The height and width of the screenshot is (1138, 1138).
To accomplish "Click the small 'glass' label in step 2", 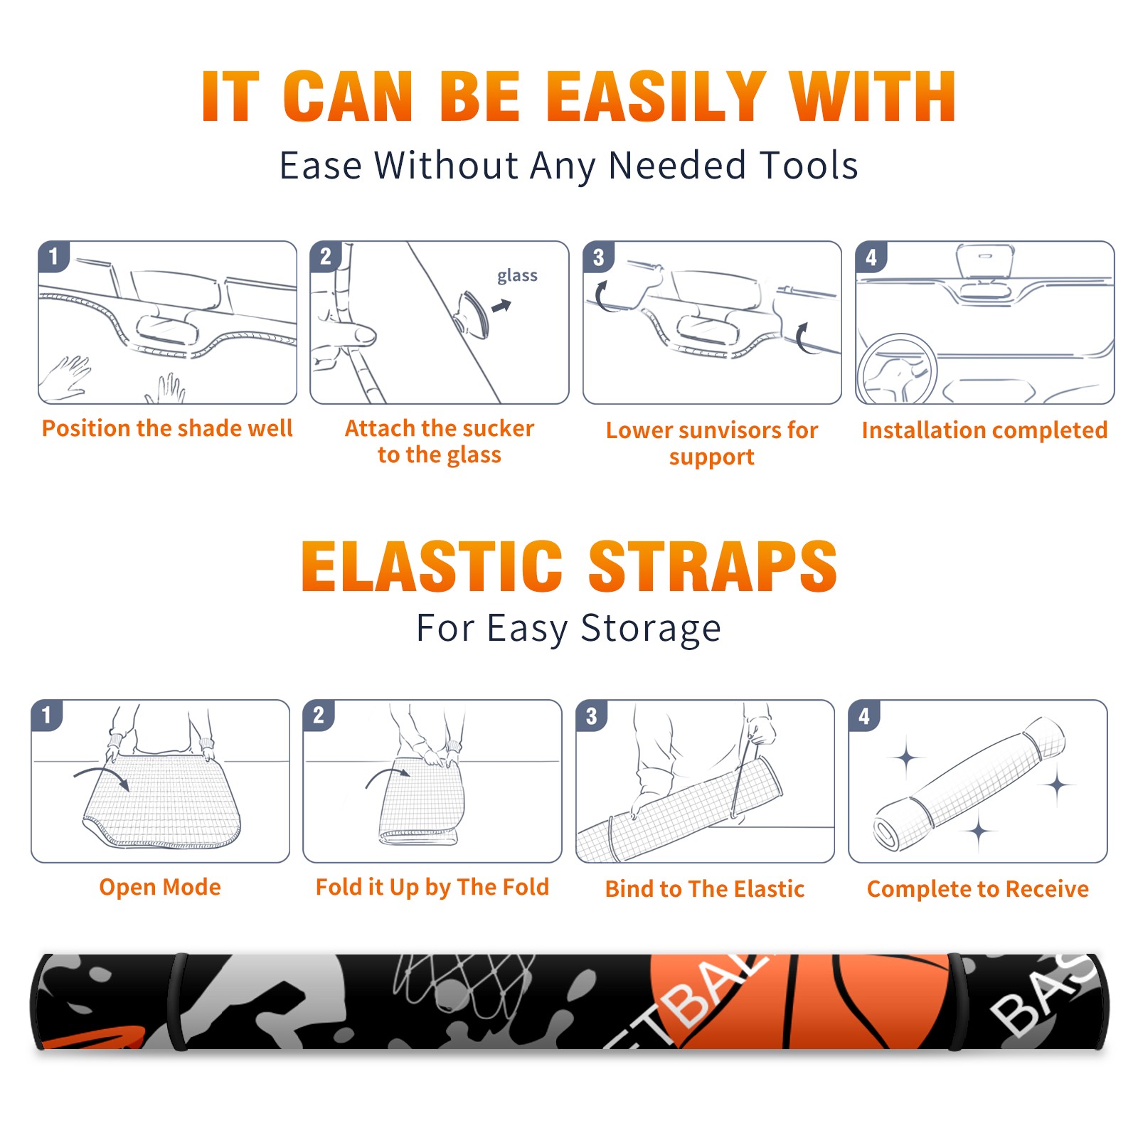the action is [517, 276].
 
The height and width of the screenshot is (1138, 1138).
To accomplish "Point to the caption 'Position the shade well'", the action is [167, 428].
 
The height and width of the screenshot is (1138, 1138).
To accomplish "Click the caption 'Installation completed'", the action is [984, 430].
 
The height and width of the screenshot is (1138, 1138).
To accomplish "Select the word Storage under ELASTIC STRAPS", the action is [651, 629].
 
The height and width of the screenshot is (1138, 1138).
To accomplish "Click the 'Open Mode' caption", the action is [160, 887].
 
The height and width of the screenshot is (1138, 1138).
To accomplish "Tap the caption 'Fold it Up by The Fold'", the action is [432, 888].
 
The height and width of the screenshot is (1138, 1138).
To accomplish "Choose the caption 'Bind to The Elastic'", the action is [705, 889].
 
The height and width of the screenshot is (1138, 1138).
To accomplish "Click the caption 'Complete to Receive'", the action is [978, 889].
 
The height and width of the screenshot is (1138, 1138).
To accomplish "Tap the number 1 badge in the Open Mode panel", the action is [47, 715].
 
